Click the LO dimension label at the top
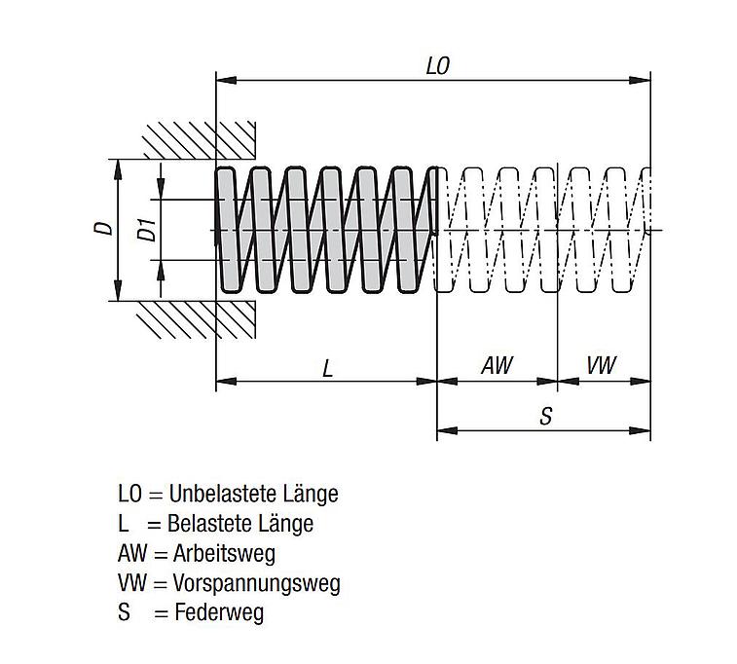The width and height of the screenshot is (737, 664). pos(437,66)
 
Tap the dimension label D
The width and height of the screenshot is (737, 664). pos(103,229)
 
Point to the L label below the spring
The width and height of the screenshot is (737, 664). pos(328,368)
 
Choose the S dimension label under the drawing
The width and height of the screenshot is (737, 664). pos(546,416)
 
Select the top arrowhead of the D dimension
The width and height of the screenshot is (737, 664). pos(118,166)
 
